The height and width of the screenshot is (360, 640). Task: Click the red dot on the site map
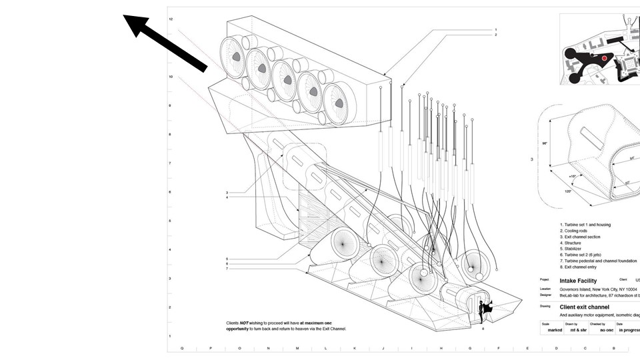[x=605, y=59]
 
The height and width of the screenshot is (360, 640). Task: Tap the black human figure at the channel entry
[x=483, y=311]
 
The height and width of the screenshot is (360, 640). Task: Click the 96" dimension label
[x=544, y=143]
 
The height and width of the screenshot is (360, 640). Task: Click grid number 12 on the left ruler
[x=171, y=19]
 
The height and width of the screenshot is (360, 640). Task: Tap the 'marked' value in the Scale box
[x=551, y=329]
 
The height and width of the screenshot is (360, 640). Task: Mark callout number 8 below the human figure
[x=483, y=328]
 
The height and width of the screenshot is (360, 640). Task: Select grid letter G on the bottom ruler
[x=469, y=348]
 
